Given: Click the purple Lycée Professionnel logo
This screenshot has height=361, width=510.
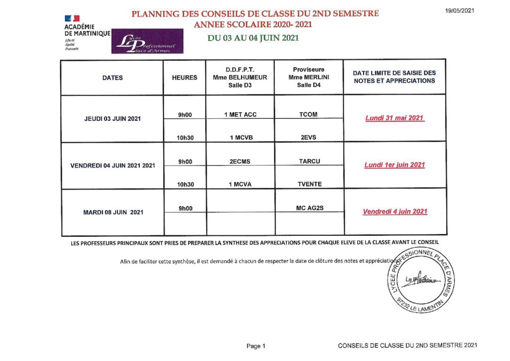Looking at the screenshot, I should click(147, 41).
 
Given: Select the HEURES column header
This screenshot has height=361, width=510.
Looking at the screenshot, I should click(184, 77).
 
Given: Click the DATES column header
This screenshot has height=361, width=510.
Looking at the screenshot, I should click(113, 77).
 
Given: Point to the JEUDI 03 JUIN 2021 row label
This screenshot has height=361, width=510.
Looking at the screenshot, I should click(113, 119).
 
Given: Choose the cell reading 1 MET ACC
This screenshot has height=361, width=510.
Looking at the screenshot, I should click(240, 114).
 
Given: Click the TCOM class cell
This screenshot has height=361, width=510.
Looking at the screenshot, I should click(309, 114).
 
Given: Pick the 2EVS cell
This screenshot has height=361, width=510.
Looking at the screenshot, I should click(309, 138).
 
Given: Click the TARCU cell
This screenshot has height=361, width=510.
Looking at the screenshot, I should click(309, 161).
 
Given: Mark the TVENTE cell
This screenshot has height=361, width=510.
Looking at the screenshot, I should click(309, 184).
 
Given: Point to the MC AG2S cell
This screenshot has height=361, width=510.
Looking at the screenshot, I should click(309, 207).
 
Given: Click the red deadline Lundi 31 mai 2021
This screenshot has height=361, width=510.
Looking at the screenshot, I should click(394, 118).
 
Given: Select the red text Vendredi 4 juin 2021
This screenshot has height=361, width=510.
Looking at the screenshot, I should click(395, 211).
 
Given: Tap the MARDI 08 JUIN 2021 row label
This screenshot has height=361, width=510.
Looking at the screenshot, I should click(113, 212).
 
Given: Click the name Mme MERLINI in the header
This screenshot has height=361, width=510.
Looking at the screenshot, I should click(309, 77).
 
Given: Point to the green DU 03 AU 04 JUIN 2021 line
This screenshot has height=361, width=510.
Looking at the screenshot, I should click(254, 38).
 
